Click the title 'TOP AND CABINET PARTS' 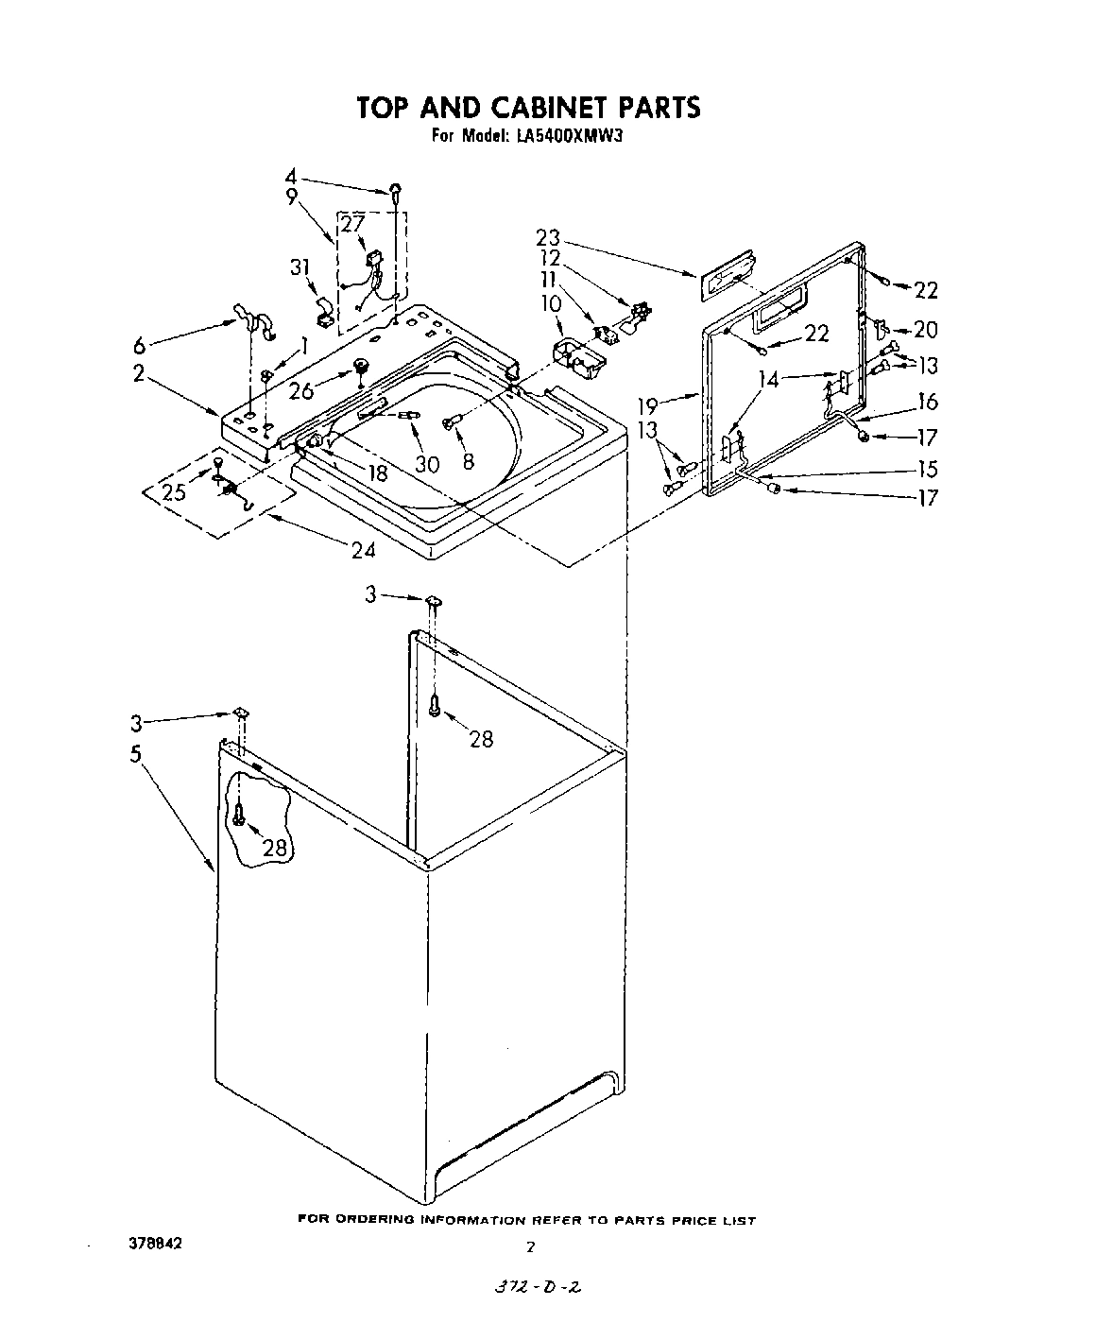pyautogui.click(x=528, y=107)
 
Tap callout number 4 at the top pyautogui.click(x=291, y=177)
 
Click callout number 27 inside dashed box pyautogui.click(x=351, y=225)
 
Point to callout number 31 pyautogui.click(x=300, y=268)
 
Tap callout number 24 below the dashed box pyautogui.click(x=364, y=549)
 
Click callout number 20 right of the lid pyautogui.click(x=926, y=330)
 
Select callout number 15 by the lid pyautogui.click(x=928, y=470)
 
